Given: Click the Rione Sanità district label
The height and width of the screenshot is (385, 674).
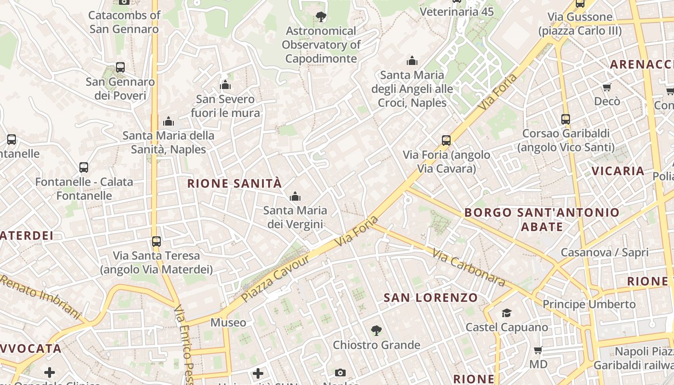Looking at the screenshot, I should [234, 183].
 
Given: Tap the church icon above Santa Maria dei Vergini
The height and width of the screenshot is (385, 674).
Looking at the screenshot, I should [295, 196].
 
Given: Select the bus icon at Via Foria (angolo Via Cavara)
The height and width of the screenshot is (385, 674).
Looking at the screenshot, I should [446, 141].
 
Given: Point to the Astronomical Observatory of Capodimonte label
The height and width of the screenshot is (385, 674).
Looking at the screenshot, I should [321, 45].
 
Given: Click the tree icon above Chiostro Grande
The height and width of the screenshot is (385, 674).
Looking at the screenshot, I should [376, 331].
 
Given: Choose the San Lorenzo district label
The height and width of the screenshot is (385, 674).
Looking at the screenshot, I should [430, 298].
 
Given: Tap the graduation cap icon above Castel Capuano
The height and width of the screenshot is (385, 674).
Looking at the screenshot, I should [506, 313].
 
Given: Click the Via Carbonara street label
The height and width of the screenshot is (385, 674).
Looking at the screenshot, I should [468, 267].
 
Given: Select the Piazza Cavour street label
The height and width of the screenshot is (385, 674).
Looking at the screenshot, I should [275, 278].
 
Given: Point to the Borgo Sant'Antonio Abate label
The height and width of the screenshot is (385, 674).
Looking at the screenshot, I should [542, 219].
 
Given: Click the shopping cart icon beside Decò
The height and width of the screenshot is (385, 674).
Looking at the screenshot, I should [607, 87].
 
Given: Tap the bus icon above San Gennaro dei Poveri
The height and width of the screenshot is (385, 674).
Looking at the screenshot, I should [120, 67].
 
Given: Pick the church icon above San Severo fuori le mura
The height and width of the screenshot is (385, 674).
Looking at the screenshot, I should [225, 85].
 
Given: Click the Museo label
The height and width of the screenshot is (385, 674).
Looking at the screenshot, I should [228, 322].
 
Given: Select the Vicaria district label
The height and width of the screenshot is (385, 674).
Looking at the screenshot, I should [618, 171].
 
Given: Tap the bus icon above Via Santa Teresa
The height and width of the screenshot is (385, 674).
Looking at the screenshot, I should [156, 242].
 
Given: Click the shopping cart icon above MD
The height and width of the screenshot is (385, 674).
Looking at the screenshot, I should [538, 350].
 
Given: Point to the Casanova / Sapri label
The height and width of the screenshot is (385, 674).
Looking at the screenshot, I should [605, 252].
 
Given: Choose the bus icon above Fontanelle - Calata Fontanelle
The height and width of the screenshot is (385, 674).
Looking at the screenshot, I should [84, 167].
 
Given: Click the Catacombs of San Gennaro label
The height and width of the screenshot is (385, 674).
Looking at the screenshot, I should [124, 22].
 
